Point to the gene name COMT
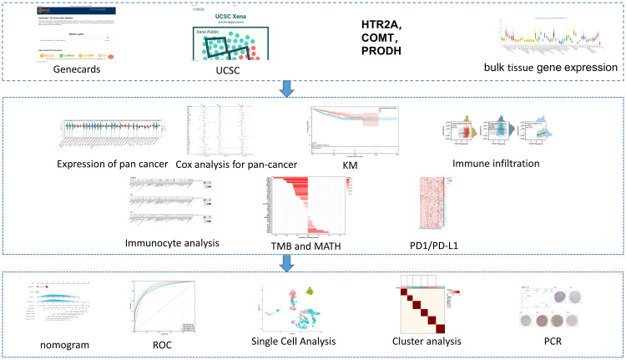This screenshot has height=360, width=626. pyautogui.click(x=381, y=37)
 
